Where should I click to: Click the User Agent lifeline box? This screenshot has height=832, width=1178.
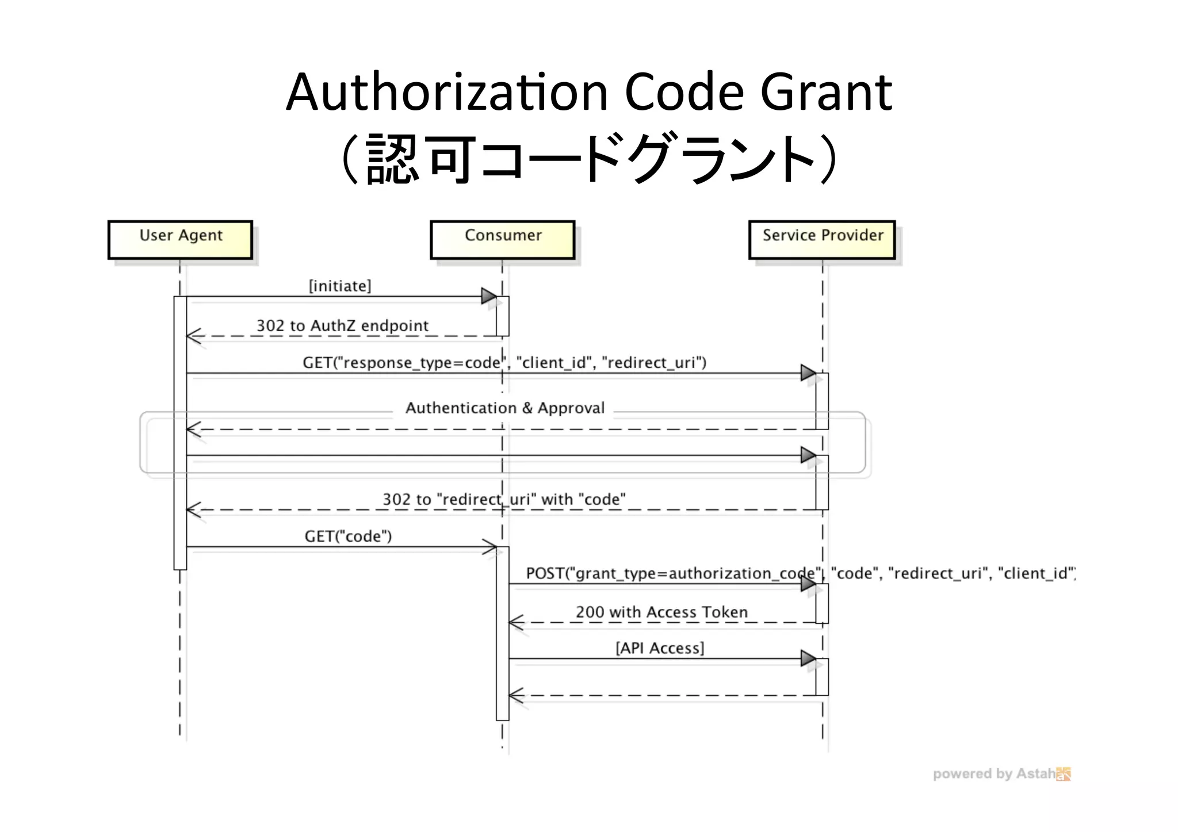[180, 240]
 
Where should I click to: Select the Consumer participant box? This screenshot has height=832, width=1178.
[502, 240]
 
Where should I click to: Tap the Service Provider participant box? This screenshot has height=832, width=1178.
[822, 240]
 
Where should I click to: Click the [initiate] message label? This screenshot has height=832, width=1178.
[340, 286]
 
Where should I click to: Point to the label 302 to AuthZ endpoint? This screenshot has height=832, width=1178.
[342, 325]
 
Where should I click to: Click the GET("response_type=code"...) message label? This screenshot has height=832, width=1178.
[504, 363]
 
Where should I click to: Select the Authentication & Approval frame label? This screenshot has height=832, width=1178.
[504, 408]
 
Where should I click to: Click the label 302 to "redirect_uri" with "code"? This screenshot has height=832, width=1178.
[504, 499]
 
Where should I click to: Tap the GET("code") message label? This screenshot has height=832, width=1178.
[348, 536]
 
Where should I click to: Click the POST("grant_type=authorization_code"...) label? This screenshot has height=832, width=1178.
[800, 573]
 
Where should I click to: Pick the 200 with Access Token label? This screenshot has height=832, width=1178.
[661, 612]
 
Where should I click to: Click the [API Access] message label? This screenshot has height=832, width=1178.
[660, 648]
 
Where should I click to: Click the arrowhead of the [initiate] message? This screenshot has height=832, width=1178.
[489, 297]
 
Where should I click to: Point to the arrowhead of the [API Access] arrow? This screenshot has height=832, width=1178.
[808, 658]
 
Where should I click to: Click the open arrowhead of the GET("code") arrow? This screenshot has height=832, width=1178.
[491, 547]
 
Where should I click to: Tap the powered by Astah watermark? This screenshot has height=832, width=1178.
[1001, 774]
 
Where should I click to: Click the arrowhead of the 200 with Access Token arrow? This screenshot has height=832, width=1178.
[516, 623]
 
